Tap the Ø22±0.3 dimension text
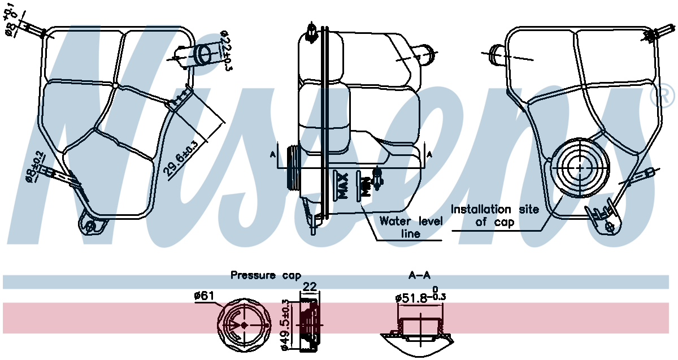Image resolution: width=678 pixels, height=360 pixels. click(226, 50)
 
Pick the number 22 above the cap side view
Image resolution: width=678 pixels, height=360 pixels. click(310, 286)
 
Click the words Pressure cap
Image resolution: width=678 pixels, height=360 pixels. click(266, 276)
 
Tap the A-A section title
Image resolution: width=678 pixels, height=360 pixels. click(419, 275)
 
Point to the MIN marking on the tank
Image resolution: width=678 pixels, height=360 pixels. click(367, 187)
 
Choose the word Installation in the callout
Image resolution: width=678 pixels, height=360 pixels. click(481, 209)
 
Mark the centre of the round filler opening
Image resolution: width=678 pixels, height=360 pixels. click(580, 168)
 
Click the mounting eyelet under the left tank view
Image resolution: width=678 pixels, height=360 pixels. click(90, 226)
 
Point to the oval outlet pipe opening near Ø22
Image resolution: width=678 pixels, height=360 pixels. click(205, 54)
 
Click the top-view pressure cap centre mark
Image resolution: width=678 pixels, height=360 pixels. click(245, 325)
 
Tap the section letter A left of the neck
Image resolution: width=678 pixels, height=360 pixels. click(272, 155)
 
